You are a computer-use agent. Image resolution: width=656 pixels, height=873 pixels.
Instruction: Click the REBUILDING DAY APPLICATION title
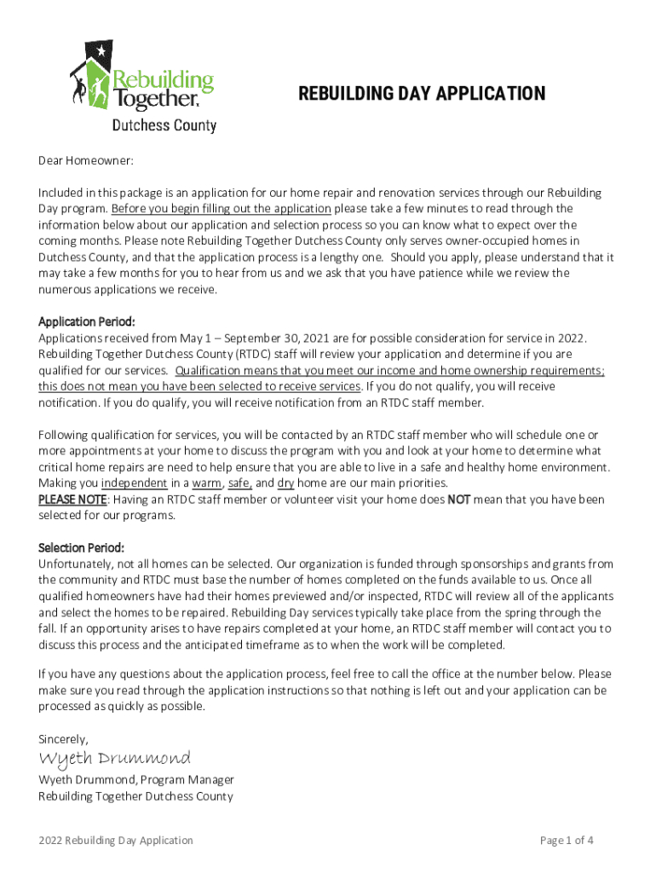pos(422,94)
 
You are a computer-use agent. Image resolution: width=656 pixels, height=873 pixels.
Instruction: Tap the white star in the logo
pos(101,50)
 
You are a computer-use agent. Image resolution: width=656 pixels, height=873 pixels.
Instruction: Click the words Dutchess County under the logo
pos(164,126)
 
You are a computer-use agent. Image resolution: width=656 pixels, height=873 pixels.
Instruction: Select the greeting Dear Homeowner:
pos(86,160)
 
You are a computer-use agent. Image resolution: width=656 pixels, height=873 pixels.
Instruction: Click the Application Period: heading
pos(87,322)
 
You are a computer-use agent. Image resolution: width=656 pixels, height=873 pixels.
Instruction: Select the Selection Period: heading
pos(81,547)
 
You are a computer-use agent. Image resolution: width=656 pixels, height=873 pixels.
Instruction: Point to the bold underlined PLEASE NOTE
pos(72,500)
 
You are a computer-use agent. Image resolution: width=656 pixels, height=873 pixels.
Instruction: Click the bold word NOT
pos(458,500)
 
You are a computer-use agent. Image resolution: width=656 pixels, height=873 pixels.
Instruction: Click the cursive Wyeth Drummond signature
pos(114,758)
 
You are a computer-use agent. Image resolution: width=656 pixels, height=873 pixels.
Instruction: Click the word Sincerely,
pos(63,738)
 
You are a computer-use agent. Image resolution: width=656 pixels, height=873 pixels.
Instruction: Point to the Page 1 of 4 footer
pos(567,841)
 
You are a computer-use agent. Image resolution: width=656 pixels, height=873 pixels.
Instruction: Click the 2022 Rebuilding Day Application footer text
pos(116,841)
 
